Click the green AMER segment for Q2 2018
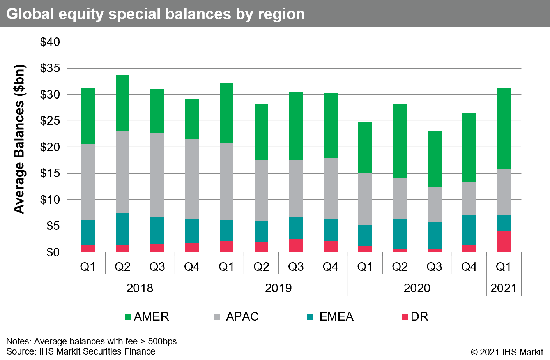pyautogui.click(x=122, y=103)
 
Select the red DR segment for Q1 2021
pyautogui.click(x=504, y=242)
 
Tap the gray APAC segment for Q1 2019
pyautogui.click(x=226, y=181)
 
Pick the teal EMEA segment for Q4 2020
pyautogui.click(x=469, y=230)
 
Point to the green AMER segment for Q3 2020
pyautogui.click(x=434, y=159)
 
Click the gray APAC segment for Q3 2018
pyautogui.click(x=157, y=175)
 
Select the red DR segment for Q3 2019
pyautogui.click(x=296, y=245)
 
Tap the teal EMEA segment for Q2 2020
pyautogui.click(x=400, y=234)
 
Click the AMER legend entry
pyautogui.click(x=147, y=316)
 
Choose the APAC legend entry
pyautogui.click(x=236, y=316)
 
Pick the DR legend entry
pyautogui.click(x=415, y=316)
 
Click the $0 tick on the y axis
pyautogui.click(x=53, y=252)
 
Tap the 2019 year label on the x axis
pyautogui.click(x=278, y=288)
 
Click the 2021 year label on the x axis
pyautogui.click(x=503, y=288)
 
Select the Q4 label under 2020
pyautogui.click(x=469, y=267)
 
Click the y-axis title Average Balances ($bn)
pyautogui.click(x=19, y=139)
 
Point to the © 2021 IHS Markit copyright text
pyautogui.click(x=507, y=352)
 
